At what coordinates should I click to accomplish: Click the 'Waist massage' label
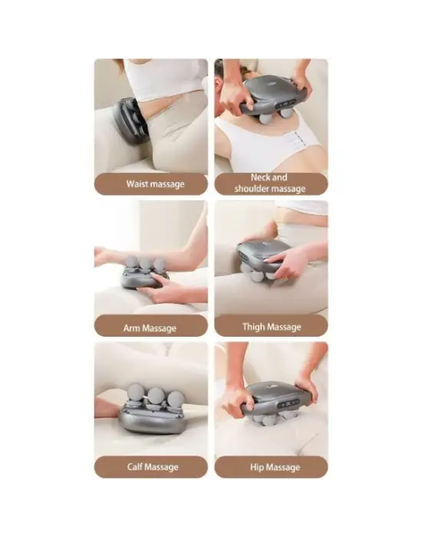[155, 184]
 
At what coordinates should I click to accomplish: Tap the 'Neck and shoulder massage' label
[270, 183]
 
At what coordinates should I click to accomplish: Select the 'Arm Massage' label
[150, 328]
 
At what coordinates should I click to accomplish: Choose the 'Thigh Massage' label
[272, 327]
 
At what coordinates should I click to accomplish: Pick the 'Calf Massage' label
[153, 466]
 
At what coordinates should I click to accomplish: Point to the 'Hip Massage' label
[275, 467]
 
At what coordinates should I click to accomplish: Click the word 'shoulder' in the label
[252, 189]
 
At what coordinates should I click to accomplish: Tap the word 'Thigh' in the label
[253, 327]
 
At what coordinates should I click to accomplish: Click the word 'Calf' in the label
[134, 466]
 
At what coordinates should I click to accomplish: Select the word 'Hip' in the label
[256, 467]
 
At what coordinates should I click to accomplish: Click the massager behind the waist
[132, 120]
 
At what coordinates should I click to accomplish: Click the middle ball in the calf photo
[155, 397]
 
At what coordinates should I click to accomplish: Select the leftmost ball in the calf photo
[136, 392]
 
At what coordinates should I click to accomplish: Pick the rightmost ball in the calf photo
[176, 400]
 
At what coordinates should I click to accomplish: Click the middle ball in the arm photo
[145, 265]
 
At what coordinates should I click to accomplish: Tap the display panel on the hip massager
[288, 404]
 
